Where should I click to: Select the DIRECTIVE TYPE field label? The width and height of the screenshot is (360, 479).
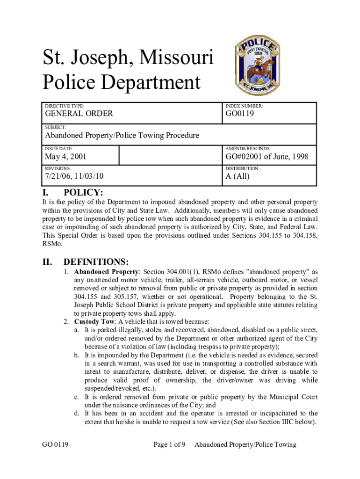click(x=64, y=106)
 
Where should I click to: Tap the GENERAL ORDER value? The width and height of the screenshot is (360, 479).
click(x=79, y=114)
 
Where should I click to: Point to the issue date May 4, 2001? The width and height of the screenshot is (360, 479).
click(x=65, y=156)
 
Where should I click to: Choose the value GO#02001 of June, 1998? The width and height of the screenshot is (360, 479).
click(x=267, y=156)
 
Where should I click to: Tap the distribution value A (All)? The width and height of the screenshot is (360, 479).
click(x=238, y=176)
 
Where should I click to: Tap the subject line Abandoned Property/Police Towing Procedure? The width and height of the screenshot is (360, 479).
click(x=122, y=136)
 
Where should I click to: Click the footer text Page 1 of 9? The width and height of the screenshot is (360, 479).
click(x=170, y=444)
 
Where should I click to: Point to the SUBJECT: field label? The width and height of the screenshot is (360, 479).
click(x=55, y=127)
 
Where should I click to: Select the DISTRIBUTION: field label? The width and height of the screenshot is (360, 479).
click(x=243, y=168)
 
